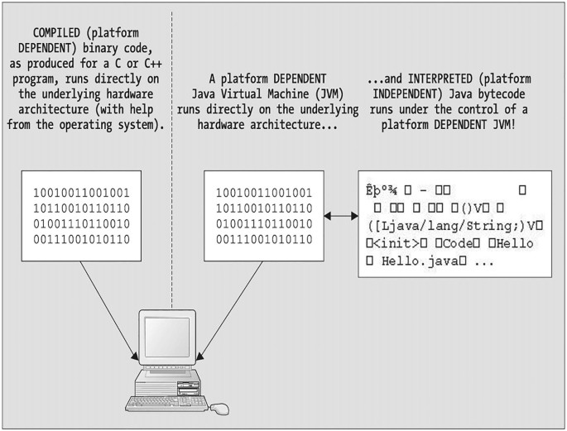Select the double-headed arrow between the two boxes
tap(339, 217)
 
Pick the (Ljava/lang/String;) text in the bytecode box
tap(449, 224)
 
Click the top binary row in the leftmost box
tap(81, 194)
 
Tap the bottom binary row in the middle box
tap(262, 239)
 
